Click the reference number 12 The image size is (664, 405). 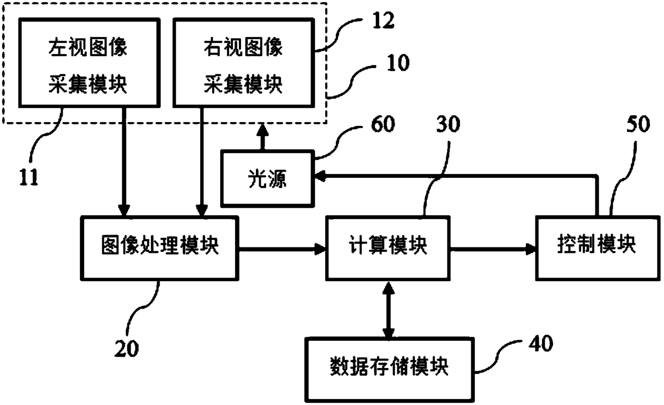click(383, 20)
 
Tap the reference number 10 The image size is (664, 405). click(398, 63)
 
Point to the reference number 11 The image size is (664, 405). click(29, 177)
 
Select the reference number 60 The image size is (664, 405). click(383, 124)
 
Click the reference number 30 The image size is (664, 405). click(448, 124)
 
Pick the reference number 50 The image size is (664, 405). click(638, 124)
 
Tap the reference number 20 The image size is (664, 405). click(126, 349)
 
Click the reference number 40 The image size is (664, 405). click(541, 343)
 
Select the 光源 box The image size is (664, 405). click(267, 178)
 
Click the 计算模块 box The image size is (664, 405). click(388, 248)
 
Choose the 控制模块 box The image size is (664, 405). click(598, 248)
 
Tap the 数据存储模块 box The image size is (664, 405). click(389, 370)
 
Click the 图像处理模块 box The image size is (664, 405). click(160, 248)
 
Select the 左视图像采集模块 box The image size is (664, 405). click(89, 63)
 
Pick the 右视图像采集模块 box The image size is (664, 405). click(244, 63)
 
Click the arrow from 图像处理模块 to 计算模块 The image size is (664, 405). click(282, 249)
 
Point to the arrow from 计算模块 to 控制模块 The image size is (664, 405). click(493, 249)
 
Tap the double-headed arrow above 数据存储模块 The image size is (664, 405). click(388, 310)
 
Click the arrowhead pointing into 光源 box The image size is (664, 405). click(320, 176)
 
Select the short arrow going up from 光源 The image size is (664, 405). click(262, 137)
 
